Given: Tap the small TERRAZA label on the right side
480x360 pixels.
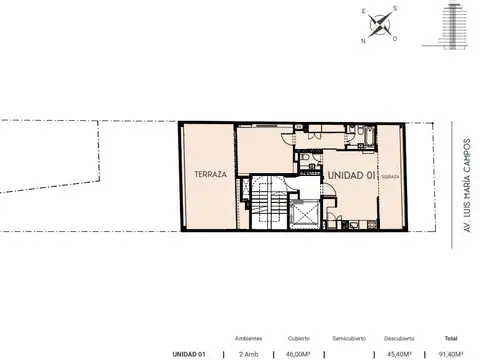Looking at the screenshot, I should click(389, 176).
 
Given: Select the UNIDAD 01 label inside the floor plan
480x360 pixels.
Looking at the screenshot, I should click(349, 174).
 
